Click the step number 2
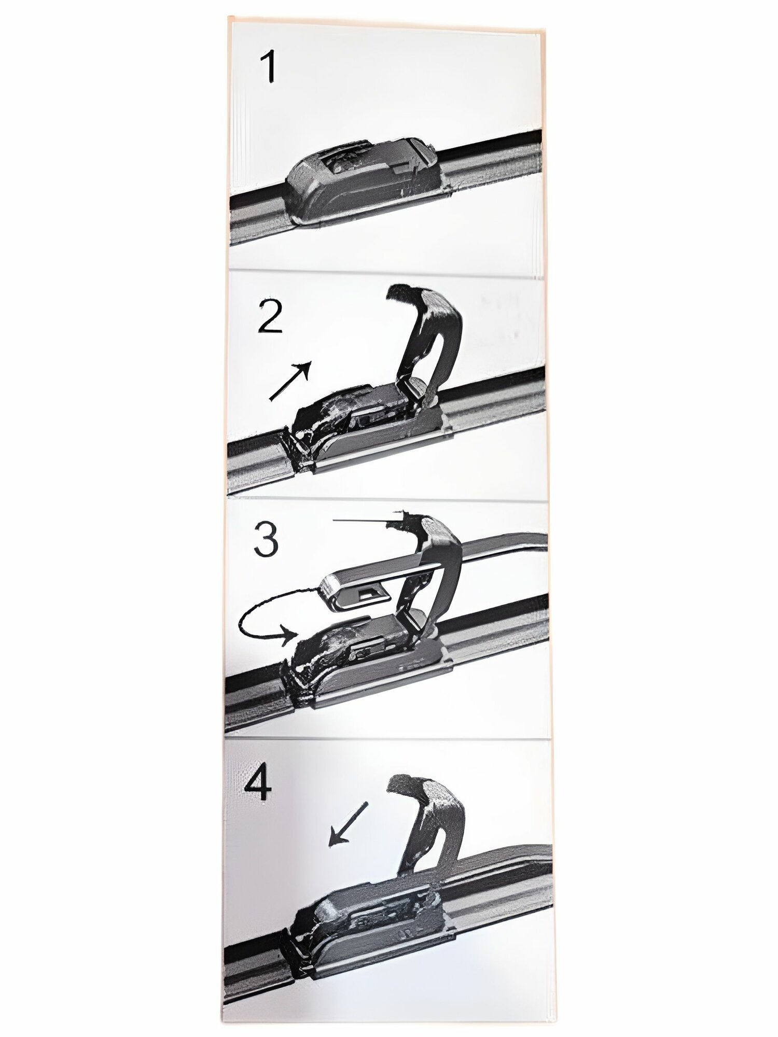coord(270,316)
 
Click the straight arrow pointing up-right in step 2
coord(290,381)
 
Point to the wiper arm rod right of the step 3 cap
coord(498,552)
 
